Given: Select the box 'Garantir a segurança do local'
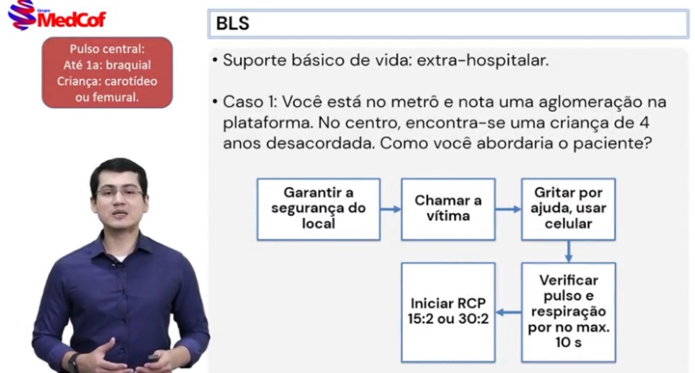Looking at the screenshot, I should coord(318,209).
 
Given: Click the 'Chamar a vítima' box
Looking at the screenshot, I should coord(448,209).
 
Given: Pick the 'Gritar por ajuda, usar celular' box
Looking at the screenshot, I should coord(568,209).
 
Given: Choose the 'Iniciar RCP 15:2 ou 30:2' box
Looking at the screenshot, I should coord(448,312).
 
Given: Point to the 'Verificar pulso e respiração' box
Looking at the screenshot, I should coord(568,312).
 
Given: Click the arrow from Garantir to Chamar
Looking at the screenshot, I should coord(390,209).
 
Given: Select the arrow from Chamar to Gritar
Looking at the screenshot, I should coord(508,209).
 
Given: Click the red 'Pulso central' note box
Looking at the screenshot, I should coord(107,72).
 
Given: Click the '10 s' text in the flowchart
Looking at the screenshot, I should coord(568,343).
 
